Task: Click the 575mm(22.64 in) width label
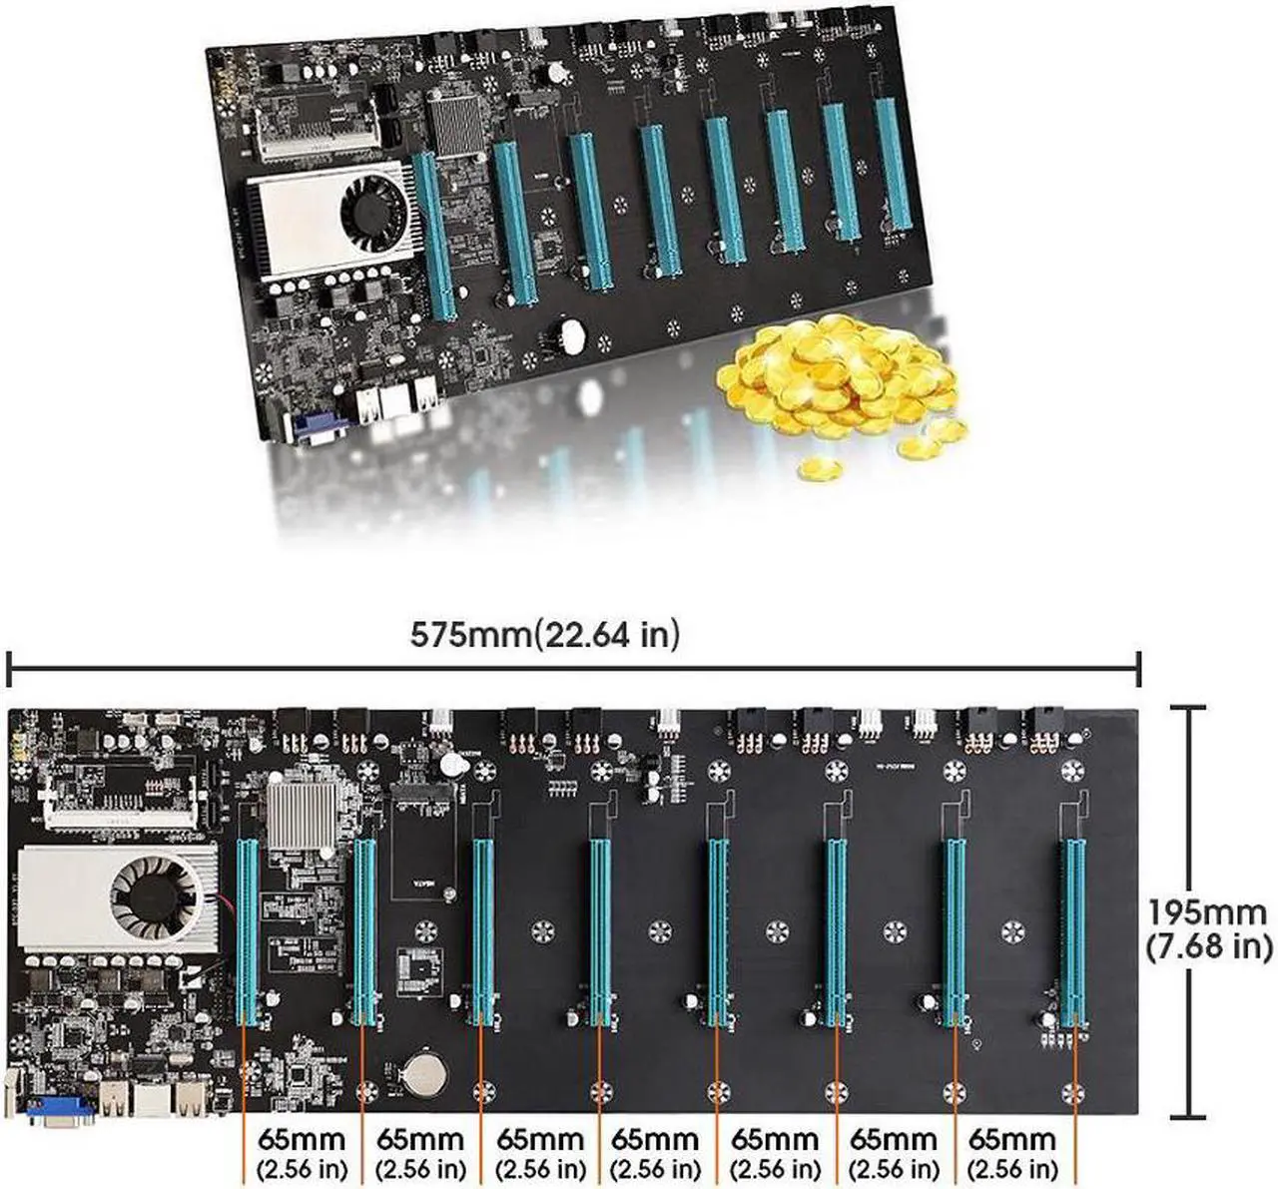click(x=544, y=634)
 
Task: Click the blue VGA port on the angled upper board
click(x=318, y=427)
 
